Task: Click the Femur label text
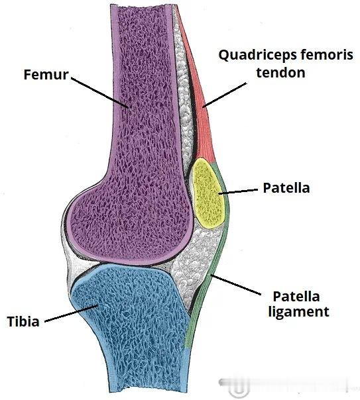(x=46, y=74)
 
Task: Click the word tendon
(x=280, y=72)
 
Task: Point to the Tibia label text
(x=23, y=321)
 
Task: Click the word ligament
(x=298, y=312)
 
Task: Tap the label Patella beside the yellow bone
(x=286, y=188)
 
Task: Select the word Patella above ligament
(x=296, y=297)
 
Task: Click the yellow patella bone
(x=209, y=193)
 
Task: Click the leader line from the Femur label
(x=99, y=93)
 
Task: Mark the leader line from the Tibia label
(x=71, y=313)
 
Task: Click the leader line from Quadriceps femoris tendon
(x=225, y=95)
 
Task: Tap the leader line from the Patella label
(x=238, y=191)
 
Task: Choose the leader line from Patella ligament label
(x=235, y=285)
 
